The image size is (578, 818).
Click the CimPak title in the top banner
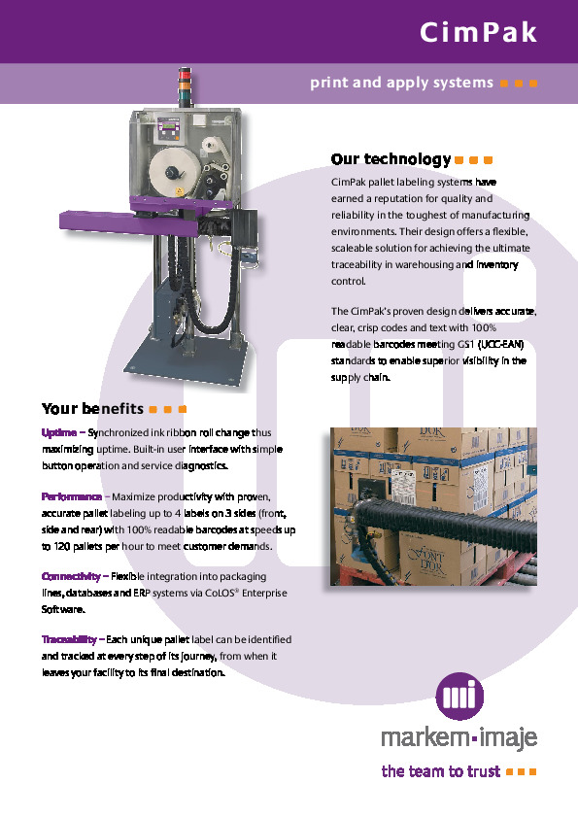tap(478, 33)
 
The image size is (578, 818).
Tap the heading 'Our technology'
tap(391, 159)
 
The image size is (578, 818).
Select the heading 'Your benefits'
tap(93, 408)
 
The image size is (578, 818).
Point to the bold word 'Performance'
tap(72, 496)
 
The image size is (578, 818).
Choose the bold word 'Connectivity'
tap(71, 576)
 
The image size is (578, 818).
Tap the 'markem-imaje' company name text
tap(459, 739)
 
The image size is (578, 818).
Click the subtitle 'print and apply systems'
tap(401, 83)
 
